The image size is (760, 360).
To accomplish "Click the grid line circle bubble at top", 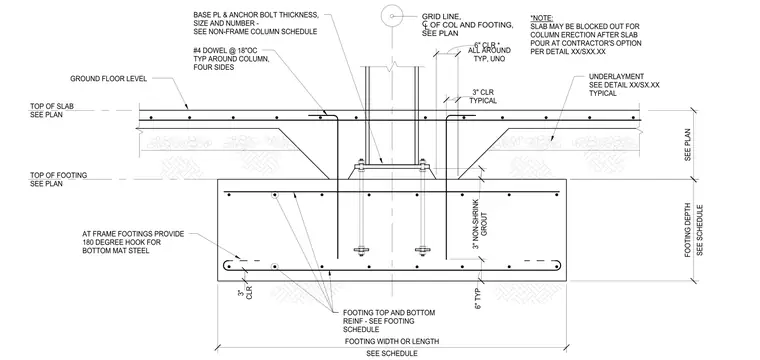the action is [x=392, y=16].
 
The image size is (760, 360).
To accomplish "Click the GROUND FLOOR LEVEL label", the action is [x=109, y=78].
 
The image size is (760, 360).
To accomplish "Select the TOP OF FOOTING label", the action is [x=59, y=175].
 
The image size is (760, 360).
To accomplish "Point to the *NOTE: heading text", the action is [x=541, y=18].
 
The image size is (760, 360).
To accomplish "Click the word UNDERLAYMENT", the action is [x=616, y=77].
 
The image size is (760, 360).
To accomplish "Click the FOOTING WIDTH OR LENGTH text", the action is [x=392, y=342].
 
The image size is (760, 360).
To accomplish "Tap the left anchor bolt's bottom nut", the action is [x=361, y=250].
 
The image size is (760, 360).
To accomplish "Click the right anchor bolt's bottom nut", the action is [x=423, y=250].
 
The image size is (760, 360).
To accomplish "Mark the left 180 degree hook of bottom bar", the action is [x=227, y=266].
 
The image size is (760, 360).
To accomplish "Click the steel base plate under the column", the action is [x=392, y=167].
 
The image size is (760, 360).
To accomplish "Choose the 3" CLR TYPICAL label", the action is [x=483, y=96].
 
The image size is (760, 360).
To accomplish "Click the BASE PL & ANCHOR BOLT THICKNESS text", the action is [x=256, y=15].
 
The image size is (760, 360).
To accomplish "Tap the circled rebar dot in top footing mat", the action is [x=275, y=195].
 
